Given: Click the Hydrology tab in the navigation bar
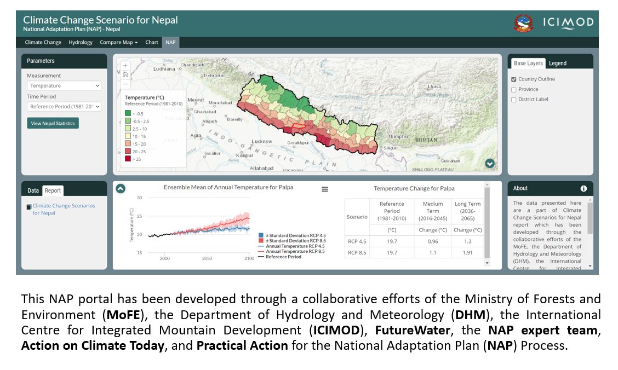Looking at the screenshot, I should (81, 42).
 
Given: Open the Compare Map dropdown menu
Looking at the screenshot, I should (118, 42).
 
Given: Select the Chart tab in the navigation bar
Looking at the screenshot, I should (152, 42).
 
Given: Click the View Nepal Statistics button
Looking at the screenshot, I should (53, 123).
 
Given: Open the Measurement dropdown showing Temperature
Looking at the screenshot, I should (64, 85).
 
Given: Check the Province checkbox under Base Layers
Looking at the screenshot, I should (514, 89).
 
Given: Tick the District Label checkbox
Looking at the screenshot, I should (514, 100).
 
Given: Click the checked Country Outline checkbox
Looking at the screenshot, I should (514, 79).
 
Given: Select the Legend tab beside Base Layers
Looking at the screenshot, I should (558, 63).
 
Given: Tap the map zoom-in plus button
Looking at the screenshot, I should (125, 65).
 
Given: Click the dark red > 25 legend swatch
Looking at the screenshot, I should (128, 159).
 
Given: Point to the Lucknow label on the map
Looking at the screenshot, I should (262, 141).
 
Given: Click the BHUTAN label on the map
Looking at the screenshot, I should (425, 140).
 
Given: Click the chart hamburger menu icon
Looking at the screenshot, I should (325, 189).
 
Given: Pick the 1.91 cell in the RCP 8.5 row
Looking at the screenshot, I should (467, 253).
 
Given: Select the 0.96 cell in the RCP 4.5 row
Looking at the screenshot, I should (432, 241).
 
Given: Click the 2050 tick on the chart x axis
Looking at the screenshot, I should (207, 258).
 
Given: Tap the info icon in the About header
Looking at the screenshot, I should (583, 188).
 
